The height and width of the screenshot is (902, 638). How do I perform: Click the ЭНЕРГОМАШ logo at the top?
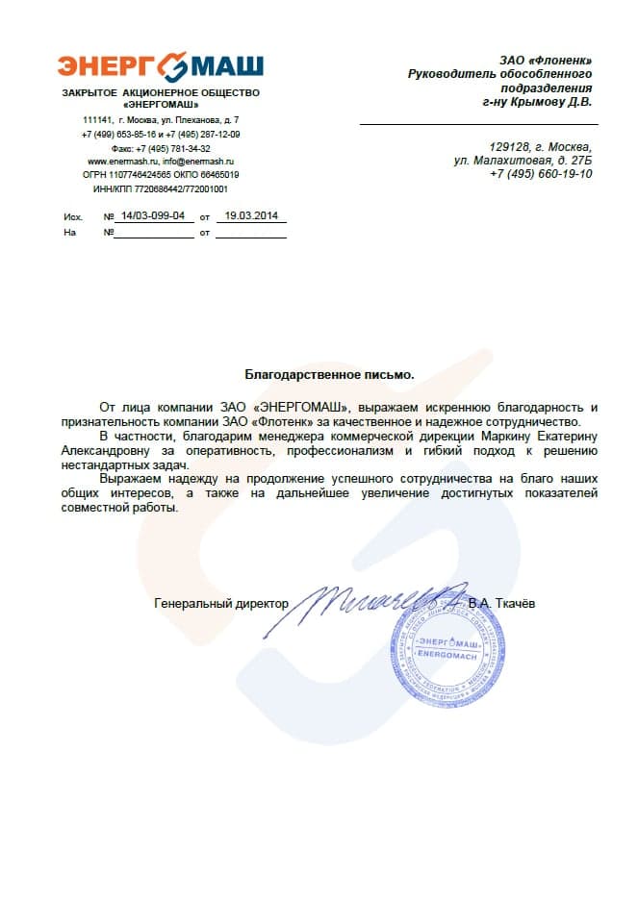(x=160, y=66)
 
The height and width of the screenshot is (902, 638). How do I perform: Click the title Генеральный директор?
(x=221, y=604)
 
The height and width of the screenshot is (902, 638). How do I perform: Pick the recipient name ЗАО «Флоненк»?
(x=546, y=62)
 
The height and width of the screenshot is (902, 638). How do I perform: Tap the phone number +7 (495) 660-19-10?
(x=541, y=174)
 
